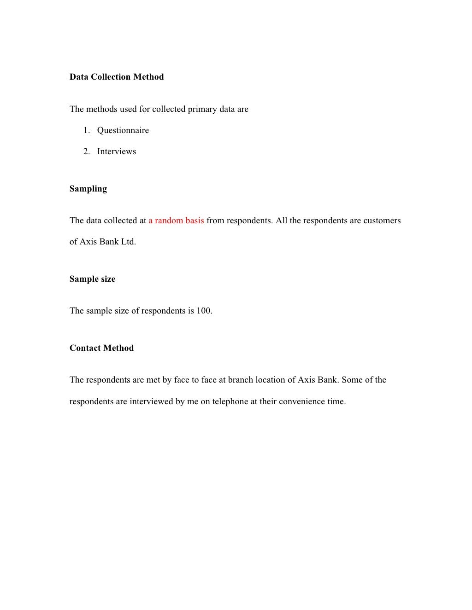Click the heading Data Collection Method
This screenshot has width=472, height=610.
pyautogui.click(x=117, y=77)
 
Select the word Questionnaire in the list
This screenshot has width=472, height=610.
pyautogui.click(x=123, y=130)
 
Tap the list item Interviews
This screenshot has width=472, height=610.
pyautogui.click(x=117, y=151)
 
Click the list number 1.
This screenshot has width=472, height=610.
pyautogui.click(x=86, y=130)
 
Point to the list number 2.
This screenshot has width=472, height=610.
pyautogui.click(x=86, y=151)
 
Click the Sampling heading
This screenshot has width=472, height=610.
pyautogui.click(x=88, y=189)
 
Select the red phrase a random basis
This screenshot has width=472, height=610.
pyautogui.click(x=176, y=221)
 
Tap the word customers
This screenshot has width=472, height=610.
pyautogui.click(x=382, y=221)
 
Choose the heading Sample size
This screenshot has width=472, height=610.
pyautogui.click(x=92, y=279)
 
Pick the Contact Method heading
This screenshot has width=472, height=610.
pyautogui.click(x=101, y=348)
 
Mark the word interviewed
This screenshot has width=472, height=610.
pyautogui.click(x=151, y=401)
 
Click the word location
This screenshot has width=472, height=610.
pyautogui.click(x=270, y=380)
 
